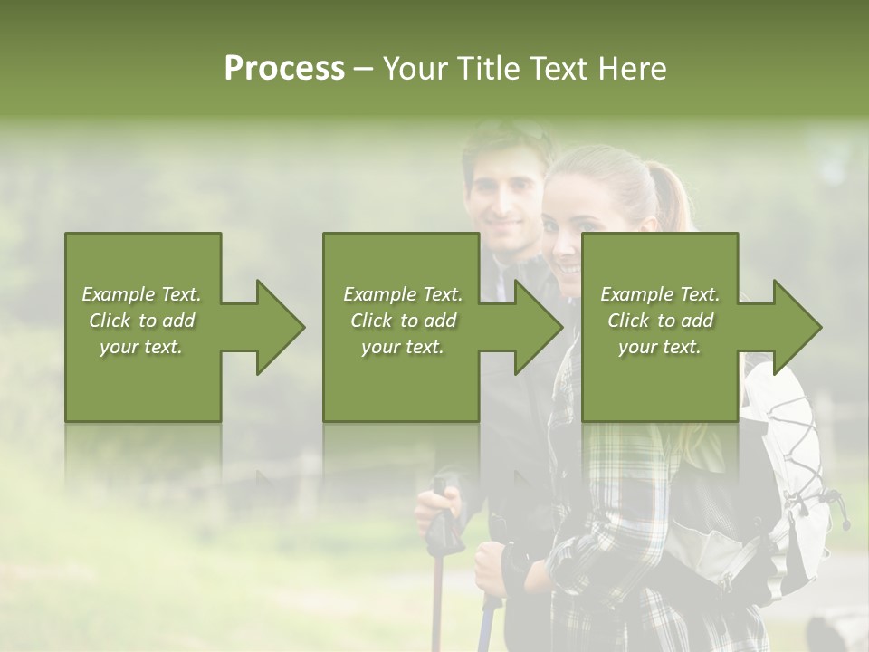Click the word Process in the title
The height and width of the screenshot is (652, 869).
[x=284, y=69]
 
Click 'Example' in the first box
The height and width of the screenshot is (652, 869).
[x=119, y=294]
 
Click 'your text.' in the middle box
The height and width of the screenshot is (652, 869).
[x=402, y=347]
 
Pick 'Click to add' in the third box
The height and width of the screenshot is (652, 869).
[x=660, y=321]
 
